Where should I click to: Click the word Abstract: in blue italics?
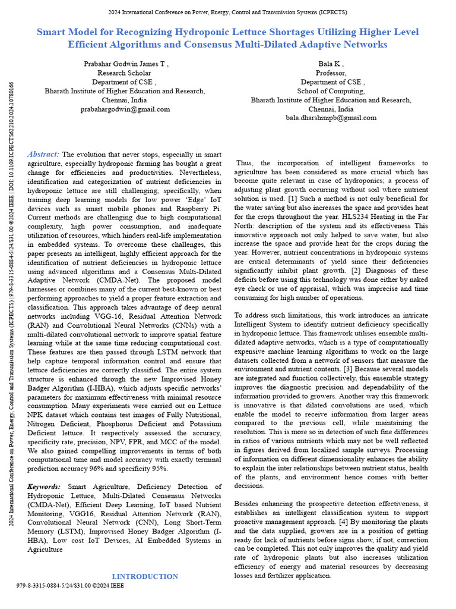point(43,154)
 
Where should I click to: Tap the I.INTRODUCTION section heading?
point(145,576)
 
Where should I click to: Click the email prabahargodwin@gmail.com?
point(125,109)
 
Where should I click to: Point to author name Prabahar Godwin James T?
point(125,64)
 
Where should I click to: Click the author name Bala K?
point(331,64)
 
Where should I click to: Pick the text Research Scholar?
point(125,73)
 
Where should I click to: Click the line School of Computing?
point(331,91)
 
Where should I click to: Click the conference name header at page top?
point(227,12)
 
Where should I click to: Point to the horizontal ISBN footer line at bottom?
point(70,585)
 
